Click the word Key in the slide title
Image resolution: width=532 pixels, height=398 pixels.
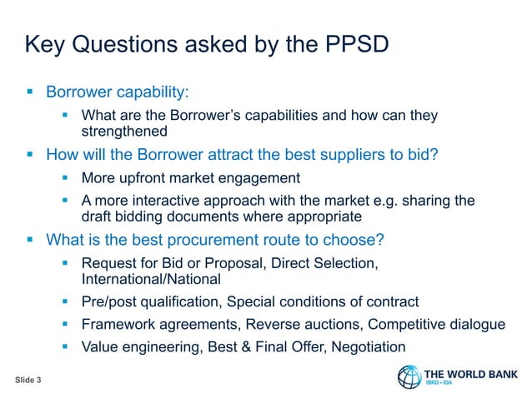click(x=48, y=44)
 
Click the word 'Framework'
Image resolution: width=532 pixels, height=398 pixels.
click(x=117, y=325)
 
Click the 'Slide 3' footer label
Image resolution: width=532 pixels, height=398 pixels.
click(x=33, y=380)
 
